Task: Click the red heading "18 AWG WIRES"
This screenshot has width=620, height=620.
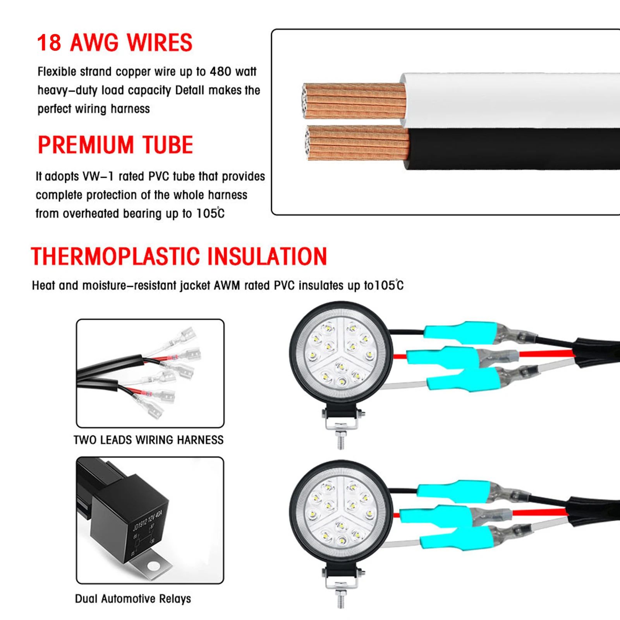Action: [x=115, y=43]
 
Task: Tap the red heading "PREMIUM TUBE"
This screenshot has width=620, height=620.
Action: [x=115, y=145]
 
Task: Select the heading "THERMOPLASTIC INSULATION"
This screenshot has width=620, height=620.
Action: [x=179, y=256]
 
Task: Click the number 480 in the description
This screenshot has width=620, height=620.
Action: [x=220, y=72]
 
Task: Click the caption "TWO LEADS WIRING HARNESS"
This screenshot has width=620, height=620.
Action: [x=149, y=440]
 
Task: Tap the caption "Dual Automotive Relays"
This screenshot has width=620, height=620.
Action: [x=133, y=599]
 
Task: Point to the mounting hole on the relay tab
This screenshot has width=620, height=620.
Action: [x=154, y=566]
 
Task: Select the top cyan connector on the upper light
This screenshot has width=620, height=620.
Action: [x=461, y=332]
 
